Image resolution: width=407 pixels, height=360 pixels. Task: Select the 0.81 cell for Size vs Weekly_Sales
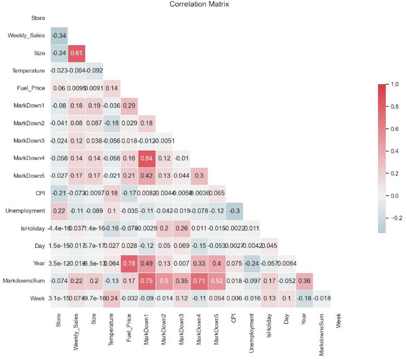tap(76, 53)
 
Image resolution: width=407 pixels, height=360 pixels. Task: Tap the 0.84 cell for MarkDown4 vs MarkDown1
tap(147, 159)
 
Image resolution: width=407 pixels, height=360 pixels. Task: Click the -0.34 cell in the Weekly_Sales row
tap(59, 36)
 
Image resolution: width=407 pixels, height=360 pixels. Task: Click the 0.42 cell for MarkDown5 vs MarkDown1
tap(147, 177)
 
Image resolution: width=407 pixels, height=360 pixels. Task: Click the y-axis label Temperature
tap(28, 71)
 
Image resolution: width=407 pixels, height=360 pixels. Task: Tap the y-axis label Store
tap(38, 18)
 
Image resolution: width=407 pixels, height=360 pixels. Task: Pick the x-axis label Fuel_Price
tap(129, 329)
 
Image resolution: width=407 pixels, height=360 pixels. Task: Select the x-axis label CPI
tap(234, 319)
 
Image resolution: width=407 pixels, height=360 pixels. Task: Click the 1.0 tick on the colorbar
tap(395, 84)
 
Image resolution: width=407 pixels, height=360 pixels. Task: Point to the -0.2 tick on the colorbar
tap(396, 218)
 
